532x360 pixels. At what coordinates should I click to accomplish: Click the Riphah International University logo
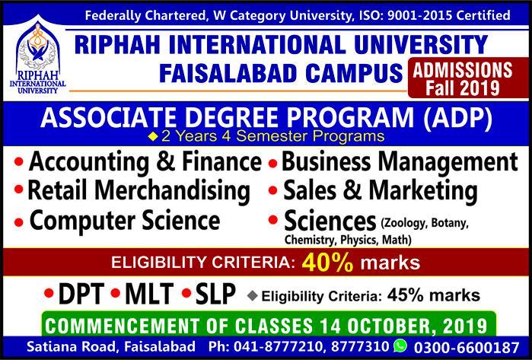click(38, 56)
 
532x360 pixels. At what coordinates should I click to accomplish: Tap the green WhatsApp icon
click(400, 346)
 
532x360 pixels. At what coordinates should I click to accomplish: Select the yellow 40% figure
click(327, 263)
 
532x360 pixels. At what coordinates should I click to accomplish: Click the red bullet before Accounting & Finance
click(19, 161)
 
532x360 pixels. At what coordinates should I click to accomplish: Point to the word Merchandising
click(173, 191)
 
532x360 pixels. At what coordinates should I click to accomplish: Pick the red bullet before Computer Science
click(19, 222)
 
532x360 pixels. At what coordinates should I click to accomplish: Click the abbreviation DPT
click(81, 294)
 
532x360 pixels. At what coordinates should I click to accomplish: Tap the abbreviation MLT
click(149, 294)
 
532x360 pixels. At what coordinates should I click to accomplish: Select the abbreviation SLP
click(215, 294)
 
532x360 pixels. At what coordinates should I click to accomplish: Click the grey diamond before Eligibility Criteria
click(253, 296)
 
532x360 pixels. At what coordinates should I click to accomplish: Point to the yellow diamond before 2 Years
click(153, 137)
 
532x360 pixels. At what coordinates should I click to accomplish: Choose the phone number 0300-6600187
click(467, 348)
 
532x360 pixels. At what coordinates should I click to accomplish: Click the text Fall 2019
click(463, 88)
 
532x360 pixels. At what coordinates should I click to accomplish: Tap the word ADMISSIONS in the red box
click(463, 70)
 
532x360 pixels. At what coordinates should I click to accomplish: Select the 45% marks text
click(434, 295)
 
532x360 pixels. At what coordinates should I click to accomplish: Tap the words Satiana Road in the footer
click(72, 347)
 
